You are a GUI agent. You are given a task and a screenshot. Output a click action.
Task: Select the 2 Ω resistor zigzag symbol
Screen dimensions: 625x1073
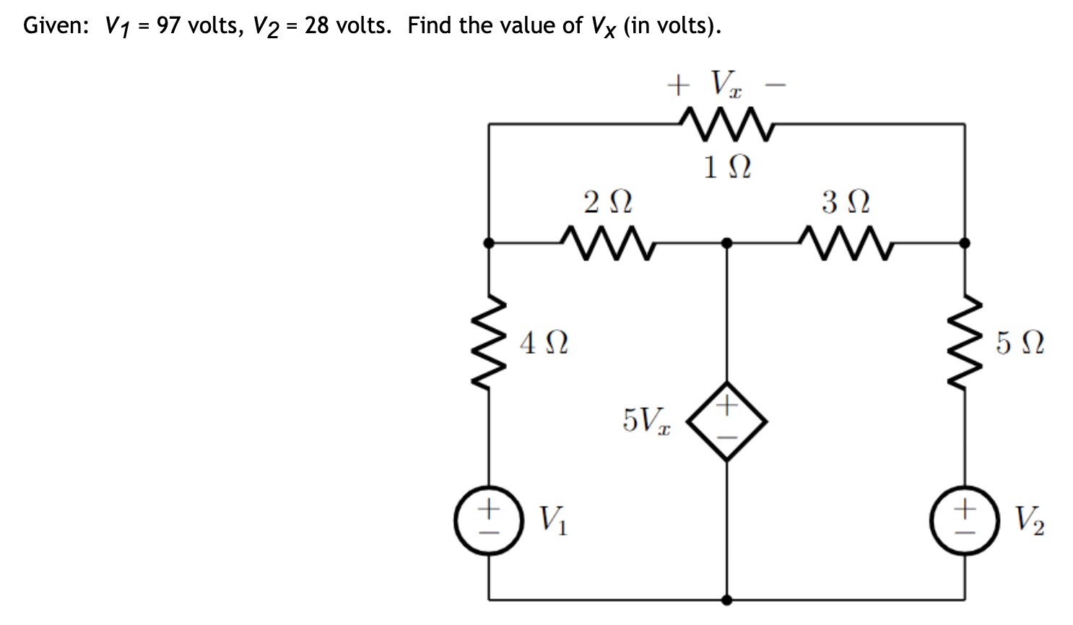pyautogui.click(x=607, y=243)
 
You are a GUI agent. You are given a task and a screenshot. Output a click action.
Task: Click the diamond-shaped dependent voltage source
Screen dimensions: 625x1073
pyautogui.click(x=727, y=421)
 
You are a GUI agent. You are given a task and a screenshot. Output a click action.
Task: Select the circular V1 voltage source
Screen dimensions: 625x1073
pyautogui.click(x=489, y=519)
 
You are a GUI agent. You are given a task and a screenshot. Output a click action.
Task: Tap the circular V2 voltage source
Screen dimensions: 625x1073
pyautogui.click(x=965, y=519)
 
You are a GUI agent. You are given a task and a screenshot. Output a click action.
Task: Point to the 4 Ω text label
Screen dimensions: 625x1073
pyautogui.click(x=544, y=342)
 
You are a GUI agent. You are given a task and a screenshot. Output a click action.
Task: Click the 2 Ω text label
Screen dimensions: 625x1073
pyautogui.click(x=607, y=202)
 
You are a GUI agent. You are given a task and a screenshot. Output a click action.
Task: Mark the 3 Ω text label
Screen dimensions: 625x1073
pyautogui.click(x=846, y=202)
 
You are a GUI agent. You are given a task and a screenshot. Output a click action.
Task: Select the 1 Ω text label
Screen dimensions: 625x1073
pyautogui.click(x=727, y=167)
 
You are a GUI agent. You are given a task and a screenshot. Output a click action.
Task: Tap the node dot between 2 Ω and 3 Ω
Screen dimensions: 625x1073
pyautogui.click(x=727, y=243)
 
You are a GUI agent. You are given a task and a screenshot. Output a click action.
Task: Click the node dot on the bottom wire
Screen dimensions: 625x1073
pyautogui.click(x=727, y=599)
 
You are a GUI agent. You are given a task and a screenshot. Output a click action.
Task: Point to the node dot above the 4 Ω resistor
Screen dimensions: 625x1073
pyautogui.click(x=489, y=243)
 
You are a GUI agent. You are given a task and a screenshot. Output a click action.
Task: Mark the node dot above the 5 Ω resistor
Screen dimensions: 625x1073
pyautogui.click(x=965, y=243)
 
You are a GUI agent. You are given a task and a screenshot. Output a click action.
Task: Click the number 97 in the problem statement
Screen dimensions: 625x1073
pyautogui.click(x=169, y=26)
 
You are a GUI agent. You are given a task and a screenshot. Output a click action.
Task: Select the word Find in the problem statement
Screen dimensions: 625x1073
pyautogui.click(x=430, y=26)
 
